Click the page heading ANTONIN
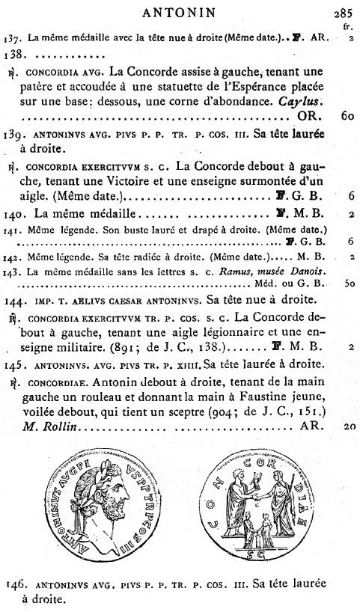point(180,10)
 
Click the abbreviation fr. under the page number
point(347,24)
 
